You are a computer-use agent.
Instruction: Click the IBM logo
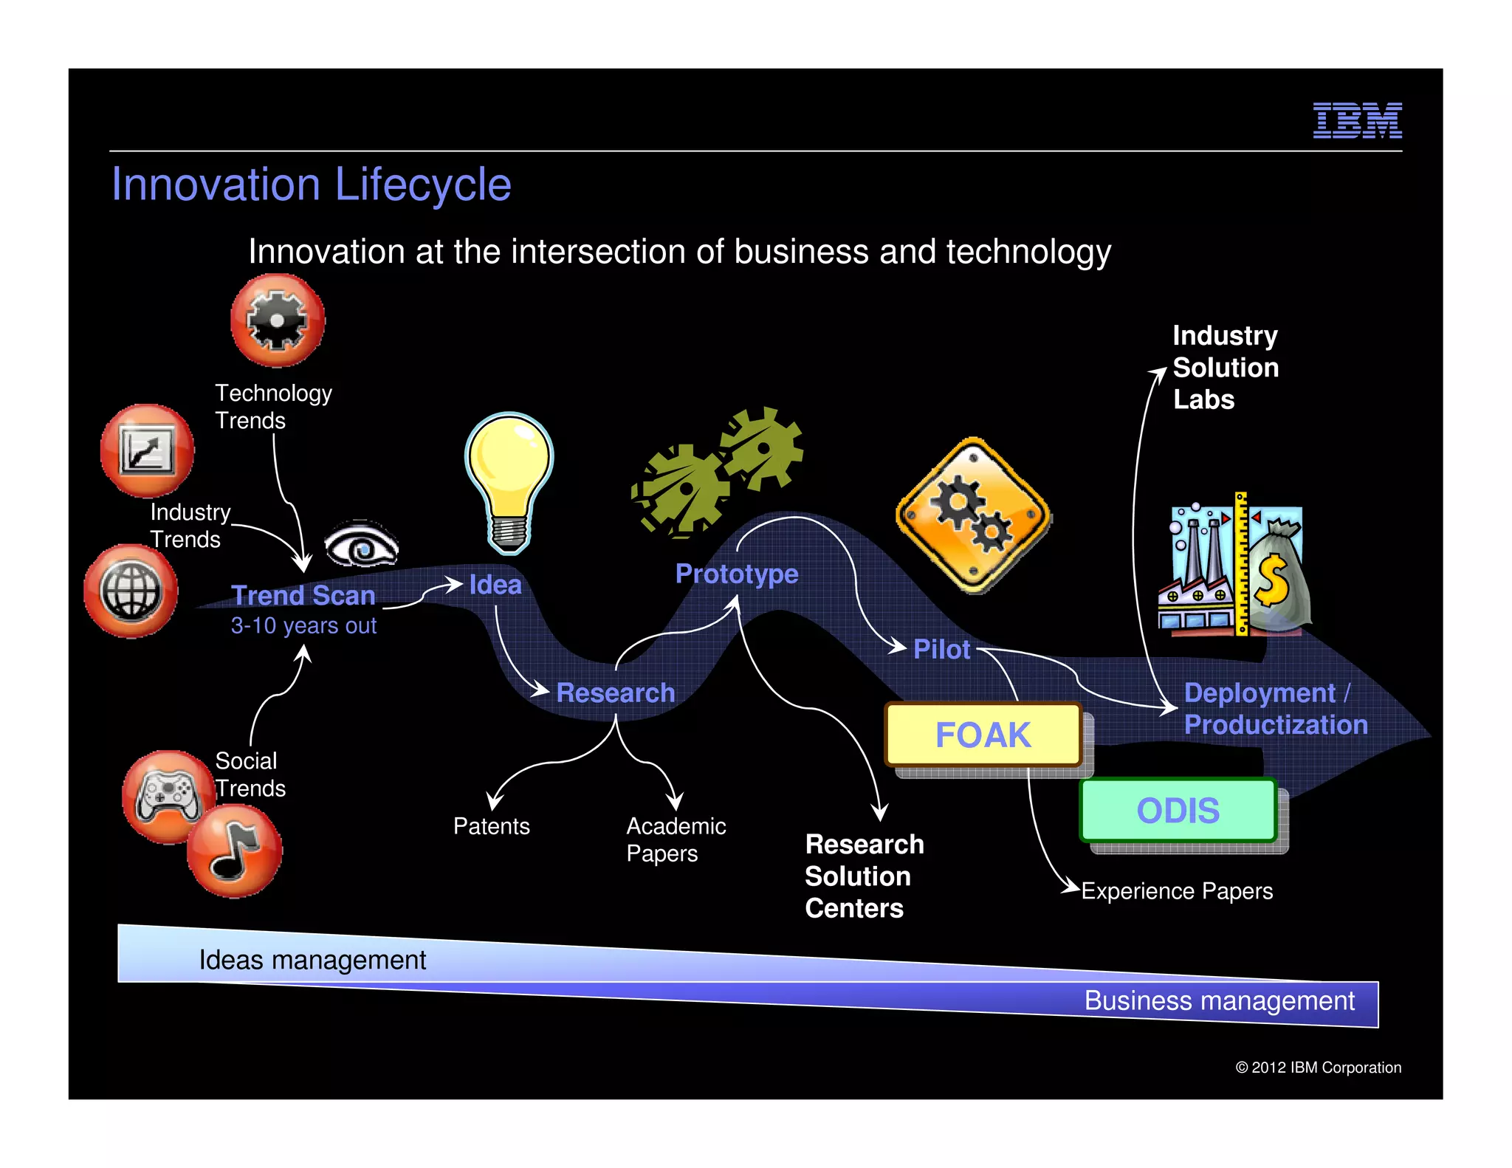(x=1357, y=120)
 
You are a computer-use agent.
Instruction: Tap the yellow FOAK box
(x=983, y=735)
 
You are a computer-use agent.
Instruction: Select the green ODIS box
(x=1178, y=810)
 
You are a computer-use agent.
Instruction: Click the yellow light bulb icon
(x=509, y=480)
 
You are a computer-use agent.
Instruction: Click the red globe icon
(x=131, y=591)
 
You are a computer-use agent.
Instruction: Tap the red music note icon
(x=234, y=851)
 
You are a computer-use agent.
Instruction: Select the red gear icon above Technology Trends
(x=277, y=320)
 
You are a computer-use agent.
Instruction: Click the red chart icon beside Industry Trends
(x=147, y=450)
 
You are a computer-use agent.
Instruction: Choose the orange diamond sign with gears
(x=974, y=515)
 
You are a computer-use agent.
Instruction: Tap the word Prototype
(x=736, y=574)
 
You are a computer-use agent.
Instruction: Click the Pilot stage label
(x=941, y=649)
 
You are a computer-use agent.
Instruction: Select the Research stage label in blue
(x=615, y=693)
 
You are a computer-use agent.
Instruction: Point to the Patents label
(x=491, y=825)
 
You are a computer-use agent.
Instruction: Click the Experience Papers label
(x=1177, y=890)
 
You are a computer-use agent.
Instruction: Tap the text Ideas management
(x=312, y=960)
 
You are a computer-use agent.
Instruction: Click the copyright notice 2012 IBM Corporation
(x=1318, y=1067)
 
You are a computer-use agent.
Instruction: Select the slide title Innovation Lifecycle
(x=311, y=184)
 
